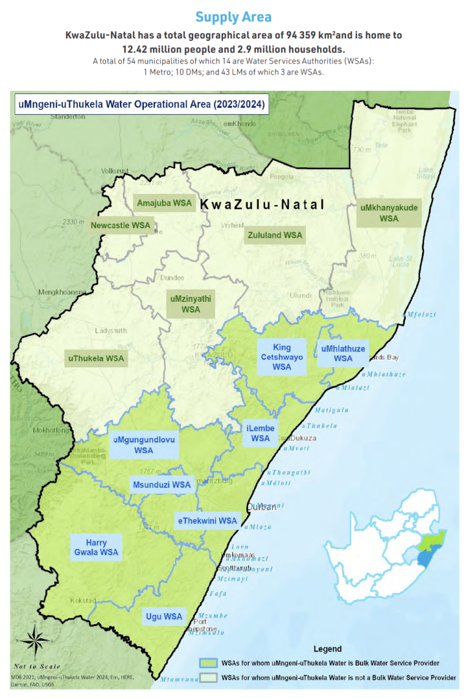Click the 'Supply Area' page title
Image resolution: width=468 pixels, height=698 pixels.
pyautogui.click(x=233, y=17)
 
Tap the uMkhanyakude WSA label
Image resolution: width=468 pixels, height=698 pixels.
pyautogui.click(x=389, y=213)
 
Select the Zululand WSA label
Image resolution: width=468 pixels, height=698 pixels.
pyautogui.click(x=274, y=235)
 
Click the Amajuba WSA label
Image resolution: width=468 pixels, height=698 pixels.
pyautogui.click(x=165, y=203)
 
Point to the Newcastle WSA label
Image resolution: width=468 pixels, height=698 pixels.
pyautogui.click(x=120, y=226)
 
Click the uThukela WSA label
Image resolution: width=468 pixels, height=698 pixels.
pyautogui.click(x=96, y=358)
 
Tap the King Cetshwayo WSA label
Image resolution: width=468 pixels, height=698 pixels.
pyautogui.click(x=282, y=357)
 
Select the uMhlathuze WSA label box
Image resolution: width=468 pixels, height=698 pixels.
pyautogui.click(x=343, y=354)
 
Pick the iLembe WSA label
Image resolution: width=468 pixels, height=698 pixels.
pyautogui.click(x=260, y=433)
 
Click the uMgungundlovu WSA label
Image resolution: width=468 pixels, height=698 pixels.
pyautogui.click(x=144, y=445)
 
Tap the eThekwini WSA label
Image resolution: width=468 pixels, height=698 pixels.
pyautogui.click(x=207, y=521)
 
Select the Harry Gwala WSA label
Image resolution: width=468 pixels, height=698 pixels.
pyautogui.click(x=96, y=547)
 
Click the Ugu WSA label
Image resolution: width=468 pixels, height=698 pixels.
pyautogui.click(x=164, y=616)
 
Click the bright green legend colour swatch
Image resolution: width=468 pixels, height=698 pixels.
pyautogui.click(x=209, y=663)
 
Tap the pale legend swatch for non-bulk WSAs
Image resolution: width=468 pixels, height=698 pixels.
pyautogui.click(x=209, y=677)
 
